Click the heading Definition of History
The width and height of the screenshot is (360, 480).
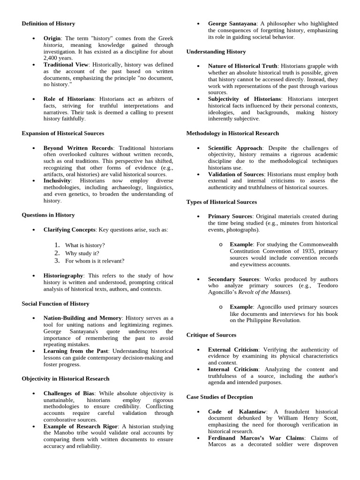coord(48,23)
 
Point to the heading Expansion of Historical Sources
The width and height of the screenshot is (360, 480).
coord(63,134)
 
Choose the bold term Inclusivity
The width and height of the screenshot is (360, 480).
coord(57,180)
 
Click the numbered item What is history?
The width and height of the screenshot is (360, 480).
coord(85,245)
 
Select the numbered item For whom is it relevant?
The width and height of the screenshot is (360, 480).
coord(95,261)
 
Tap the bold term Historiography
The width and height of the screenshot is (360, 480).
coord(63,276)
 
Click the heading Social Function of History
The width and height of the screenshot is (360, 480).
coord(55,304)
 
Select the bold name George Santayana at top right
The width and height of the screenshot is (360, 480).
coord(232,23)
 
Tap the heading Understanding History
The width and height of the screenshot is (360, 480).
coord(216,52)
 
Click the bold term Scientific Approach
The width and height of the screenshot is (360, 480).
coord(235,148)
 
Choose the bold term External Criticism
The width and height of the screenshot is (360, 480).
coord(233,350)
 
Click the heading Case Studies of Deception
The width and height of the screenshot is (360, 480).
coord(220,397)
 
